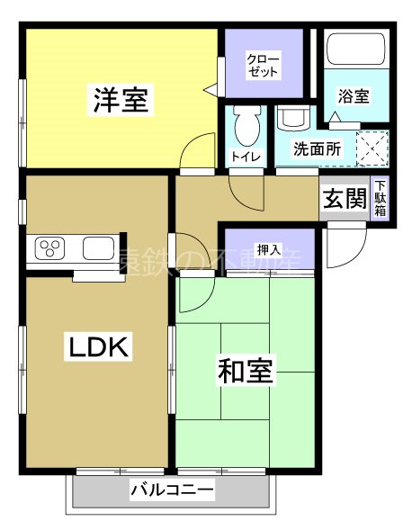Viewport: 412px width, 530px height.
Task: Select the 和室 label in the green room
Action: pyautogui.click(x=246, y=370)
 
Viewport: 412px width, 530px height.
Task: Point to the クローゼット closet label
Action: pyautogui.click(x=264, y=65)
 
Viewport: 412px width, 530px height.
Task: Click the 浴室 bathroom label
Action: pyautogui.click(x=354, y=95)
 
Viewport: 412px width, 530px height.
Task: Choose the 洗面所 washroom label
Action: pyautogui.click(x=318, y=149)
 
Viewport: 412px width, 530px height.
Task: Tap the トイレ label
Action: pyautogui.click(x=246, y=157)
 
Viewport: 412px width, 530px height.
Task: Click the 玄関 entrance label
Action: pyautogui.click(x=344, y=199)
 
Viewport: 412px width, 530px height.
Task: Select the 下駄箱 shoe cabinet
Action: pyautogui.click(x=381, y=199)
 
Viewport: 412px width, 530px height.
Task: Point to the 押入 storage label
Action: pyautogui.click(x=267, y=248)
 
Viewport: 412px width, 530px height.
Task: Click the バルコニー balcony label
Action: pyautogui.click(x=171, y=490)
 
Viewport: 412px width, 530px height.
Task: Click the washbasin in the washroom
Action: pyautogui.click(x=291, y=118)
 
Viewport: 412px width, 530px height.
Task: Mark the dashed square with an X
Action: pyautogui.click(x=372, y=147)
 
